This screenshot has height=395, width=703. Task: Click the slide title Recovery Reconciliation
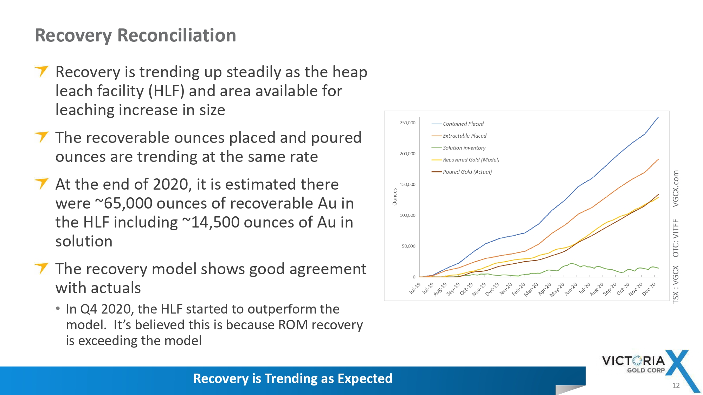pos(135,35)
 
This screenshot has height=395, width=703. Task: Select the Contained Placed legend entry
pos(457,124)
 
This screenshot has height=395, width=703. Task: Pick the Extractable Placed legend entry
pos(459,136)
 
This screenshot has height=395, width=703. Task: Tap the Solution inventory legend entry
pos(458,148)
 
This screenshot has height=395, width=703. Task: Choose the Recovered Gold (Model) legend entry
pos(465,160)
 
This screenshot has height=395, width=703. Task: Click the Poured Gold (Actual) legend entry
pos(461,172)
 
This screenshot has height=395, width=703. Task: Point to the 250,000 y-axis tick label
pos(407,123)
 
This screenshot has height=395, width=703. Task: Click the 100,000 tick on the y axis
pos(407,215)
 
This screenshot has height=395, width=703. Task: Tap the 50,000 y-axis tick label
pos(408,246)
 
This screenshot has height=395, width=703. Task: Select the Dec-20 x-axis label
pos(649,289)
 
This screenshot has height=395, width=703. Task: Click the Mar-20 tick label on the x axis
pos(531,289)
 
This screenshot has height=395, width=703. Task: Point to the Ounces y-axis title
pos(394,197)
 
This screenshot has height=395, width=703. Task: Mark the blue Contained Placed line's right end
pos(658,117)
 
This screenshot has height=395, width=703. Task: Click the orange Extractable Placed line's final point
pos(658,159)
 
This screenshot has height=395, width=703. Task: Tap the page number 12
pos(676,386)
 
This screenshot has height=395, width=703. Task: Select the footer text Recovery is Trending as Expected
pos(293,378)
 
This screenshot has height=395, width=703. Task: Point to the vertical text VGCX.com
pos(676,189)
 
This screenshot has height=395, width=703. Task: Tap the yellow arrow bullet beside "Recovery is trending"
pos(41,71)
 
